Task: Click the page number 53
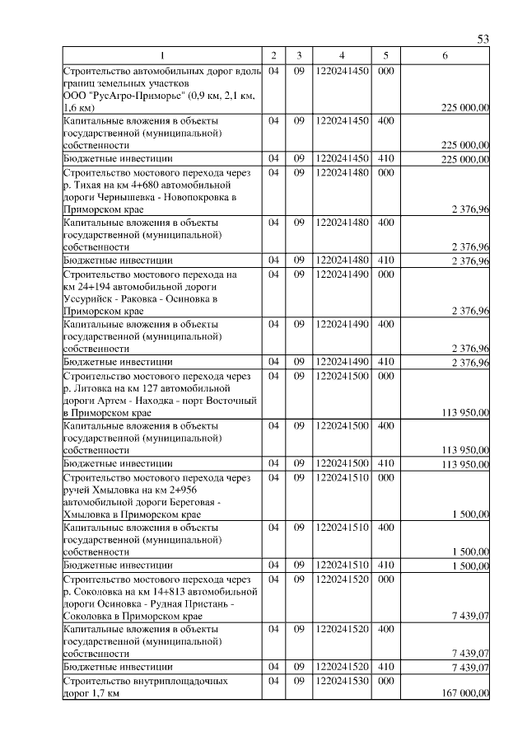pos(483,40)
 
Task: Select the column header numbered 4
pos(341,55)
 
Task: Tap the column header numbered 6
pos(445,55)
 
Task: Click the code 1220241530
pos(341,682)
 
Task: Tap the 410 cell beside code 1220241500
pos(385,464)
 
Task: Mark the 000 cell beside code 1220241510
pos(385,477)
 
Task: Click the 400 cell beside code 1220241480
pos(385,223)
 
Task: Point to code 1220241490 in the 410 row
pos(341,362)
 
